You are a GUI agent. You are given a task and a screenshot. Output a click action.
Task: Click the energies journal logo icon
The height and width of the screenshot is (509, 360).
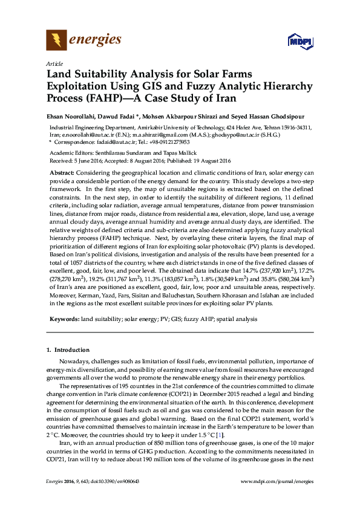(57, 41)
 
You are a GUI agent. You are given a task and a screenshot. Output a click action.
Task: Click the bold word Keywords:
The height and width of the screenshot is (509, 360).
(64, 317)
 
